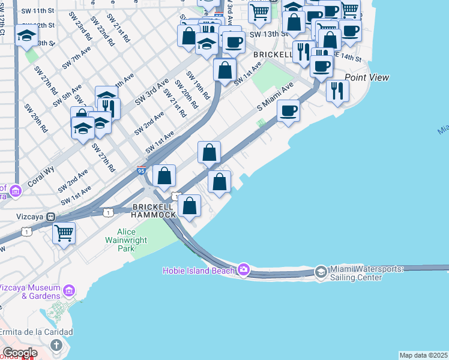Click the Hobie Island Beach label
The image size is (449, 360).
click(x=199, y=271)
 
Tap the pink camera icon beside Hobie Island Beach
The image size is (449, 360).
click(x=243, y=269)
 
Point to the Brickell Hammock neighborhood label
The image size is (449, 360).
click(x=154, y=211)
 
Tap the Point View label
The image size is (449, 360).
click(x=367, y=77)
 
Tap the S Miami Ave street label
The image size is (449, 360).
click(x=275, y=97)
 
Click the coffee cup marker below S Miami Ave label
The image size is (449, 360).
click(x=288, y=111)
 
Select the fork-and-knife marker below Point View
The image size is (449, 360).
click(x=337, y=91)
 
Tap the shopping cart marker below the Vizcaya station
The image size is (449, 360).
click(x=64, y=232)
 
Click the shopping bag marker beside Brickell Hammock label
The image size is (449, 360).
click(x=190, y=206)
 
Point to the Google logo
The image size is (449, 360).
click(x=19, y=353)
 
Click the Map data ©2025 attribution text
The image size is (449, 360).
click(x=424, y=355)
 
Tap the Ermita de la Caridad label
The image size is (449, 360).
click(x=36, y=332)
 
